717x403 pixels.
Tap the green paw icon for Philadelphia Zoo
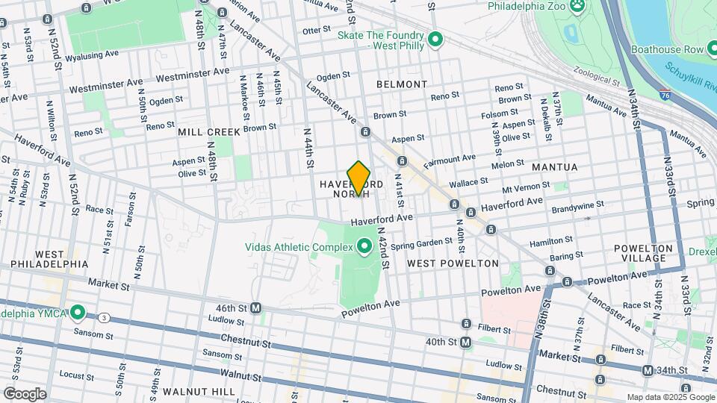pyautogui.click(x=577, y=7)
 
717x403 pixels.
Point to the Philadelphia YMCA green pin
pyautogui.click(x=78, y=313)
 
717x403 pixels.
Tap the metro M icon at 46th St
pyautogui.click(x=255, y=307)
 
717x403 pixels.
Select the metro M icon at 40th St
pyautogui.click(x=465, y=342)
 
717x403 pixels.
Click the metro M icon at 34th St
pyautogui.click(x=648, y=370)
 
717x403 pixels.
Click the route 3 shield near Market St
pyautogui.click(x=104, y=318)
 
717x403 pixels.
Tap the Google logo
pyautogui.click(x=24, y=393)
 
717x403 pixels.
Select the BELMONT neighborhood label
pyautogui.click(x=402, y=84)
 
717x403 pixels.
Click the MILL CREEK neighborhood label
pyautogui.click(x=209, y=132)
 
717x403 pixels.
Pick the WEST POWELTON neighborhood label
pyautogui.click(x=453, y=263)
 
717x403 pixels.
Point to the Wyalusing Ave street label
pyautogui.click(x=91, y=55)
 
